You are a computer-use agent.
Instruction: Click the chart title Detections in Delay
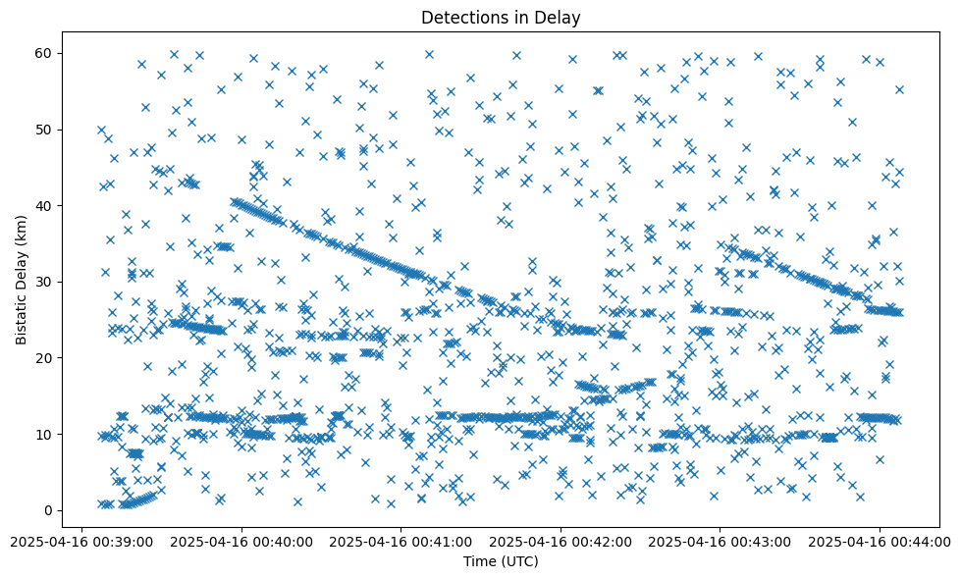pos(501,17)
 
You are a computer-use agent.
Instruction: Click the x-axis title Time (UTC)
pos(501,561)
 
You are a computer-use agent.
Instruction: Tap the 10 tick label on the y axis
pos(45,434)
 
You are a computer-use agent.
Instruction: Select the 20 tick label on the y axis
pos(45,358)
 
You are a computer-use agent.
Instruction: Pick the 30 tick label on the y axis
pos(45,282)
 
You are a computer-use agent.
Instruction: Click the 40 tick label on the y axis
pos(45,205)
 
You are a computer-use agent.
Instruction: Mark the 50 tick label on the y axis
pos(45,130)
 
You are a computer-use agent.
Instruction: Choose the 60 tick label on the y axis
pos(45,53)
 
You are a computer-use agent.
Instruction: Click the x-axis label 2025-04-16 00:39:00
pos(81,541)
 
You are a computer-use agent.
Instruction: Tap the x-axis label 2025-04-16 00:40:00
pos(241,541)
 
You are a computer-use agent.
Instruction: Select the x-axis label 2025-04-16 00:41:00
pos(400,541)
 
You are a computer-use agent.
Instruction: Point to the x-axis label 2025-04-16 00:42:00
pos(561,541)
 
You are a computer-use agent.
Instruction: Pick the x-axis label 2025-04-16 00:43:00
pos(720,541)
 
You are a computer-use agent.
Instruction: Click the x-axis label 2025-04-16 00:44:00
pos(880,541)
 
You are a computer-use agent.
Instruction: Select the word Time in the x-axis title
pos(480,561)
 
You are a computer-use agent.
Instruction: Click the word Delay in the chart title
pos(561,17)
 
